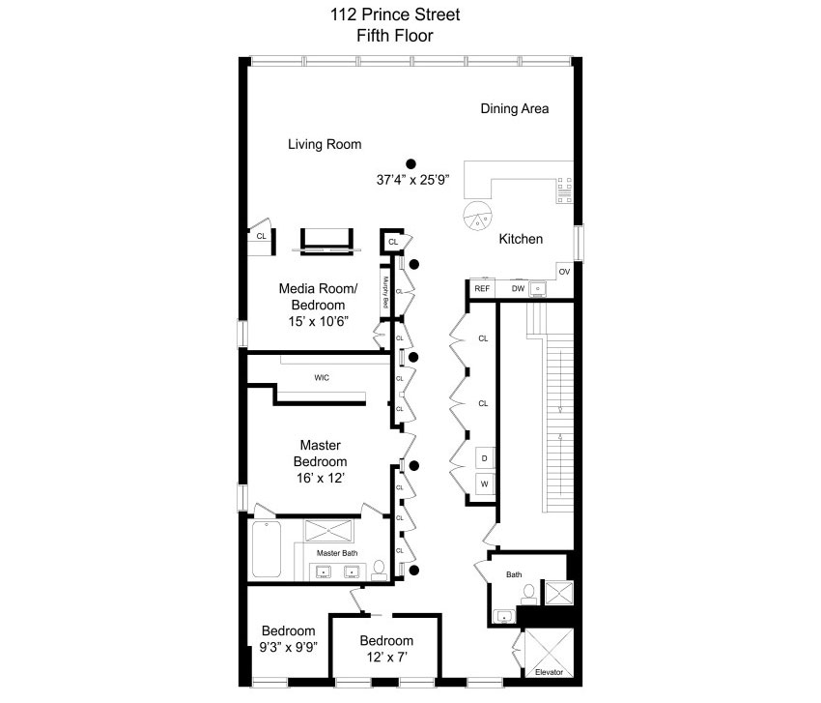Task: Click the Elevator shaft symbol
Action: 550,653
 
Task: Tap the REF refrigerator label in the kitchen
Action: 482,289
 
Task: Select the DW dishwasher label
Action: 518,289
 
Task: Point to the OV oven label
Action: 564,272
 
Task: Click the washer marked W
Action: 484,483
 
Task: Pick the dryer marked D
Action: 484,458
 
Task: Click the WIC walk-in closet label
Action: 322,377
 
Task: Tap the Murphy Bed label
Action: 386,292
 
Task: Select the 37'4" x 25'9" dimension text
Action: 412,180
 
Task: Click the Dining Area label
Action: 515,108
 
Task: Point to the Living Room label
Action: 325,144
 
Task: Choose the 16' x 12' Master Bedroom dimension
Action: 320,478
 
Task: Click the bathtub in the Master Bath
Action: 266,549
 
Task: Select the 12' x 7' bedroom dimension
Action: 387,657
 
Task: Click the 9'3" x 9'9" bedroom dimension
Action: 289,647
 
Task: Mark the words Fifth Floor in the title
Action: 395,36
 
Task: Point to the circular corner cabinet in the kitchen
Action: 478,215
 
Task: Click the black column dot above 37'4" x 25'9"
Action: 411,164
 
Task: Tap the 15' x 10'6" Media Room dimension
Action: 319,321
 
